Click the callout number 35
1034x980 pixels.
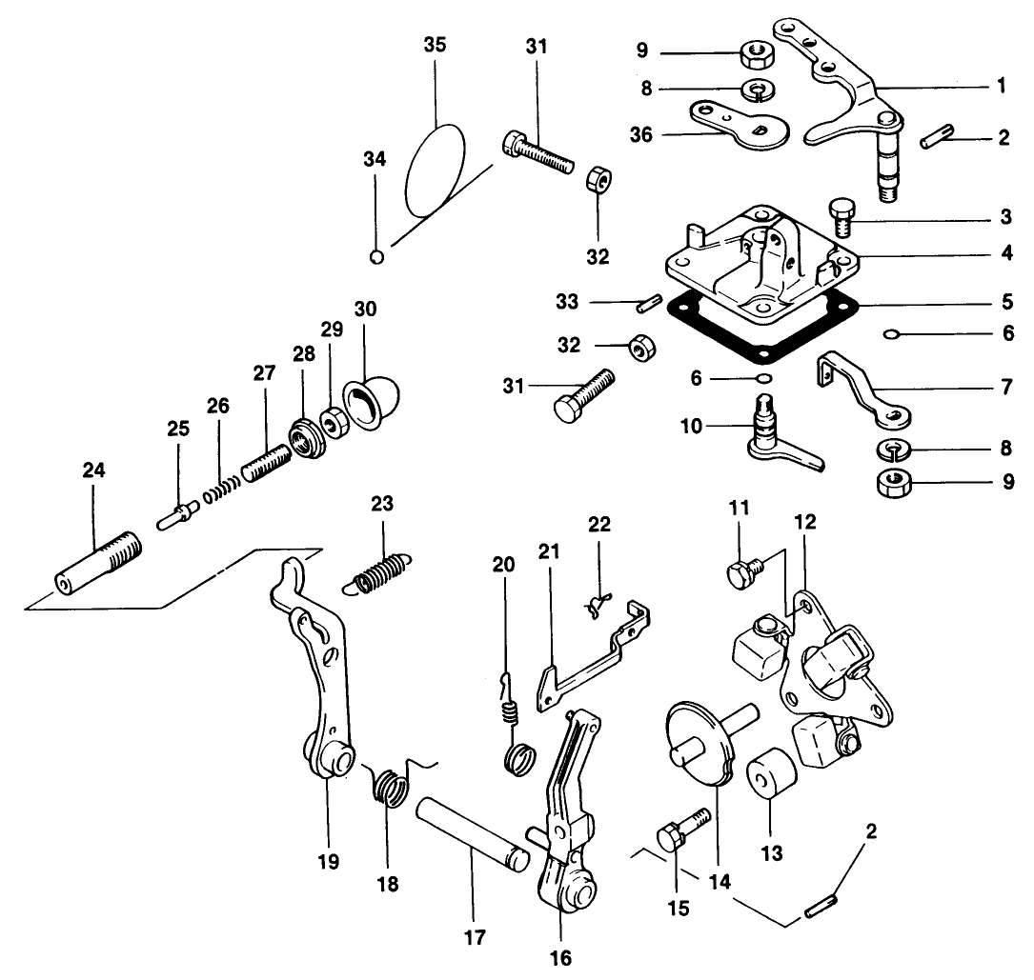[x=435, y=46]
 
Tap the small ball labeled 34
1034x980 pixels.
[x=376, y=255]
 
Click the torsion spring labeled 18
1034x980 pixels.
[x=389, y=787]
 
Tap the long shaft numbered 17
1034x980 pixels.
[x=471, y=831]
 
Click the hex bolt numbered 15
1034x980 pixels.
[x=679, y=835]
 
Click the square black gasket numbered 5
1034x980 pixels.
[x=679, y=307]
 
